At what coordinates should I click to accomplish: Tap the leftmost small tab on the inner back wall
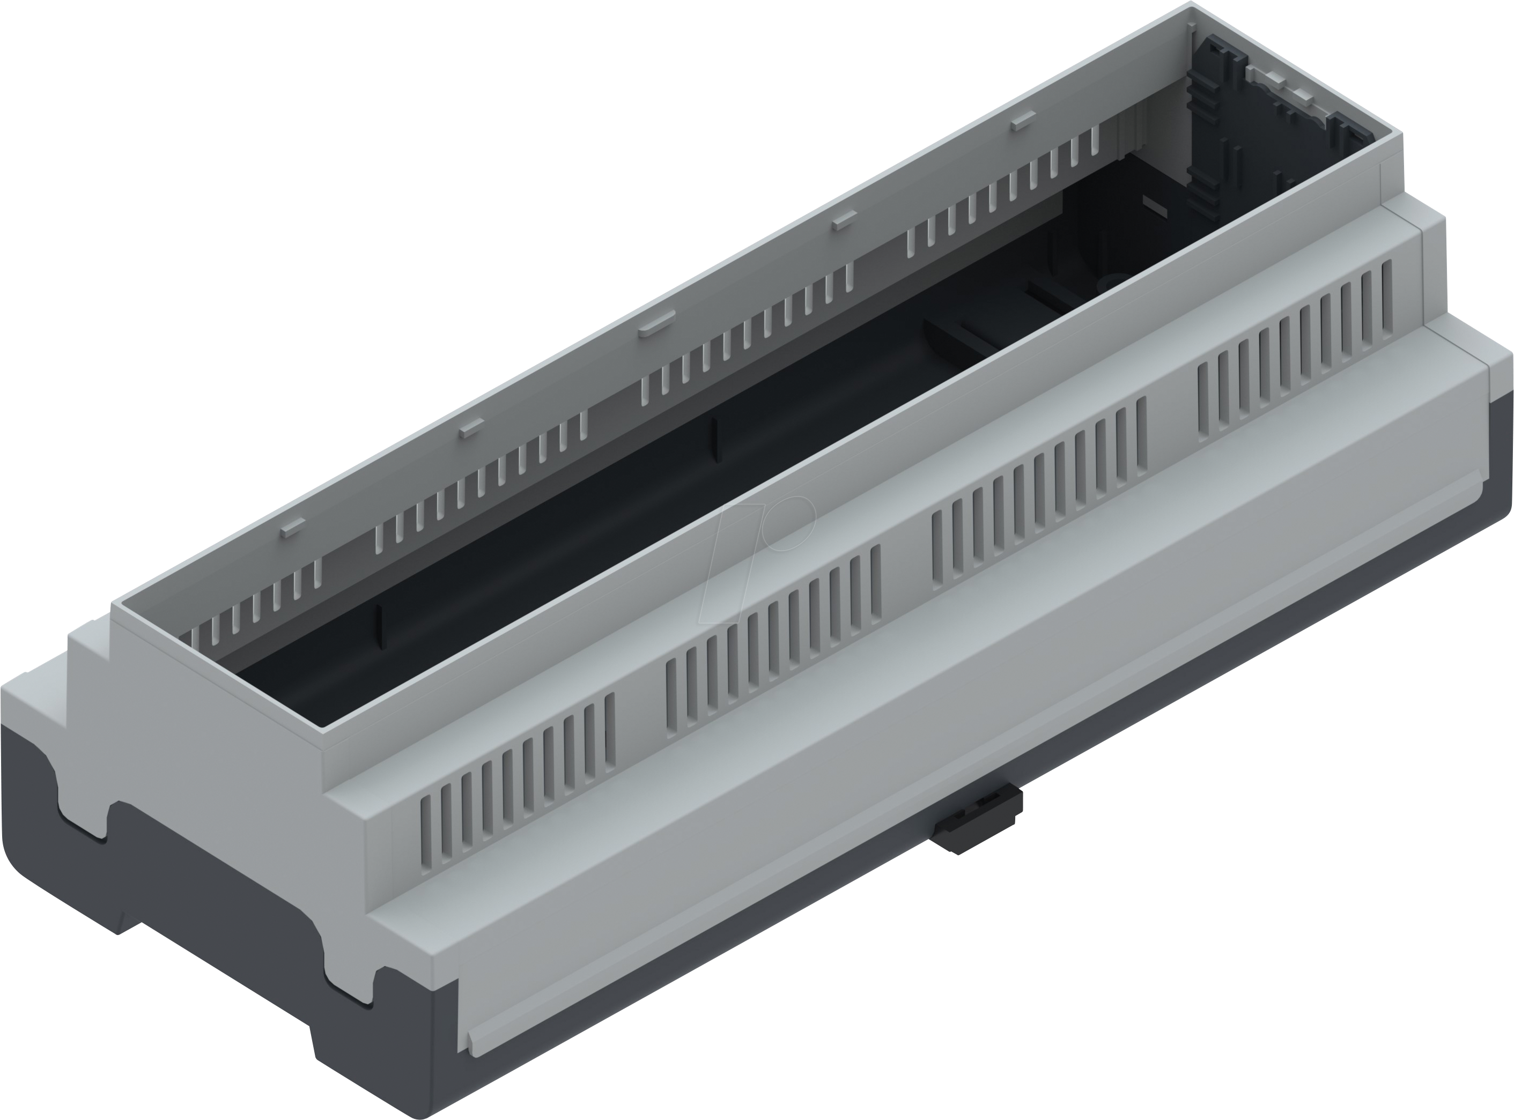pos(293,528)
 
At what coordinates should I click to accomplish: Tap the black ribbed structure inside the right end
pos(1221,129)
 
